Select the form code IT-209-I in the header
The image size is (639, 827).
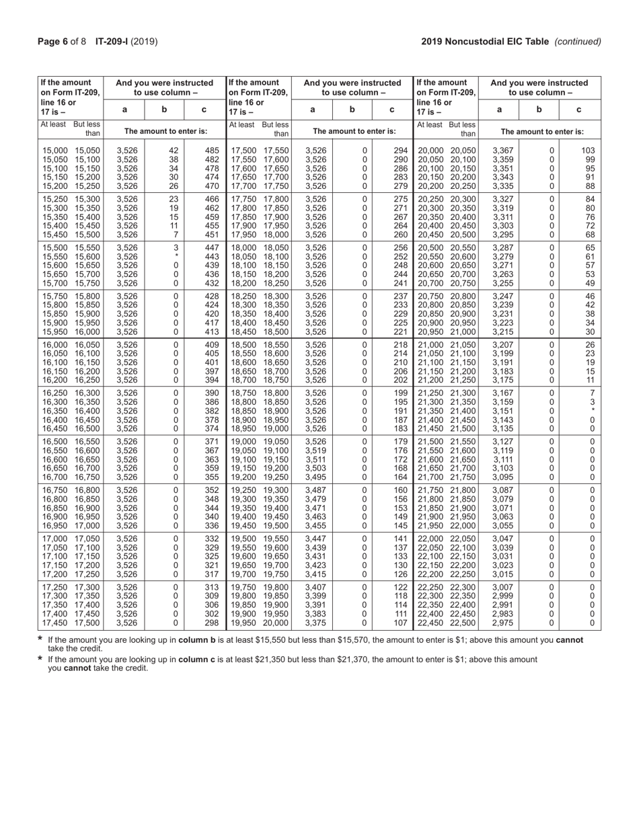[113, 42]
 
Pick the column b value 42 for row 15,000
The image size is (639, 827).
[174, 151]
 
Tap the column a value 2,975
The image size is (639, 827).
[503, 623]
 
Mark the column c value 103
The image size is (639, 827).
[589, 151]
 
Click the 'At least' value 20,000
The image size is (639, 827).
[430, 151]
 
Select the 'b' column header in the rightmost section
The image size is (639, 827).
[539, 109]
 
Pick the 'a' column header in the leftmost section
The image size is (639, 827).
[124, 109]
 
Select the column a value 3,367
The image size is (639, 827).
[503, 151]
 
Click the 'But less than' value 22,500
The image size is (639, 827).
[463, 623]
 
